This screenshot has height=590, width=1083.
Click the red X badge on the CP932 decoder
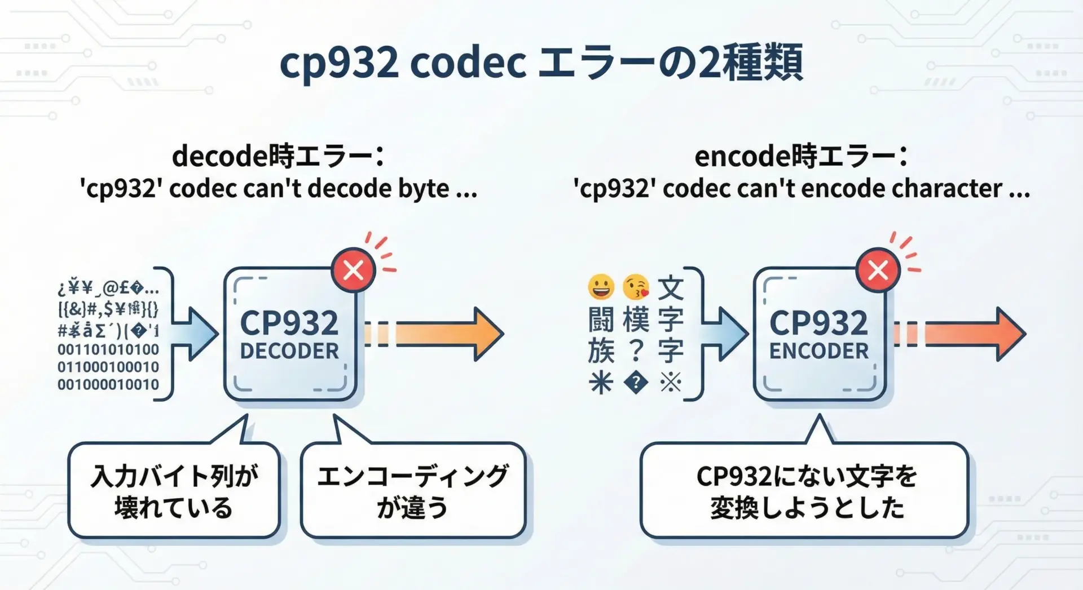pyautogui.click(x=354, y=271)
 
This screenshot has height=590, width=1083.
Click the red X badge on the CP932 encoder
pyautogui.click(x=878, y=271)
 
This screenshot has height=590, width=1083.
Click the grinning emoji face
pyautogui.click(x=601, y=287)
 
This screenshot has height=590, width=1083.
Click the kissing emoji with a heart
pyautogui.click(x=636, y=287)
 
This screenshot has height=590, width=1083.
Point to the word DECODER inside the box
pyautogui.click(x=289, y=352)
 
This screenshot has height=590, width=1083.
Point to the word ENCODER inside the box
pyautogui.click(x=819, y=352)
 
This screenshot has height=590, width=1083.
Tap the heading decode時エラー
pyautogui.click(x=278, y=157)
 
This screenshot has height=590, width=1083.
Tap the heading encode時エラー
pyautogui.click(x=801, y=157)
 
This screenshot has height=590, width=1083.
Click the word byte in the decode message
pyautogui.click(x=424, y=189)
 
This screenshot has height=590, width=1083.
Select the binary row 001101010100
pyautogui.click(x=108, y=349)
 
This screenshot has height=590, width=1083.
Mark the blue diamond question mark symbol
pyautogui.click(x=636, y=384)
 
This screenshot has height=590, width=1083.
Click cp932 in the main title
pyautogui.click(x=339, y=63)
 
